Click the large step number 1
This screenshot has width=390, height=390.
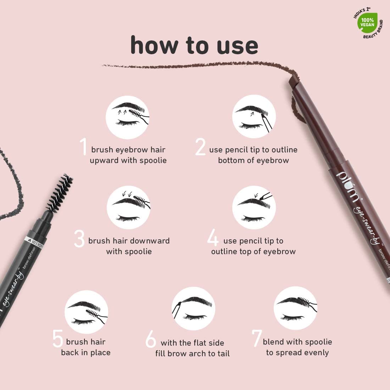click(x=83, y=147)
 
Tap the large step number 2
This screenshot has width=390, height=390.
click(x=200, y=147)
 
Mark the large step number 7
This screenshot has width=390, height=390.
click(x=256, y=339)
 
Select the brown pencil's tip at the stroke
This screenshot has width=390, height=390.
click(x=293, y=76)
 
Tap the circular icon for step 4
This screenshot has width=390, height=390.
click(x=254, y=207)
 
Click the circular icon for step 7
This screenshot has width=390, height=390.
click(x=295, y=308)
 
